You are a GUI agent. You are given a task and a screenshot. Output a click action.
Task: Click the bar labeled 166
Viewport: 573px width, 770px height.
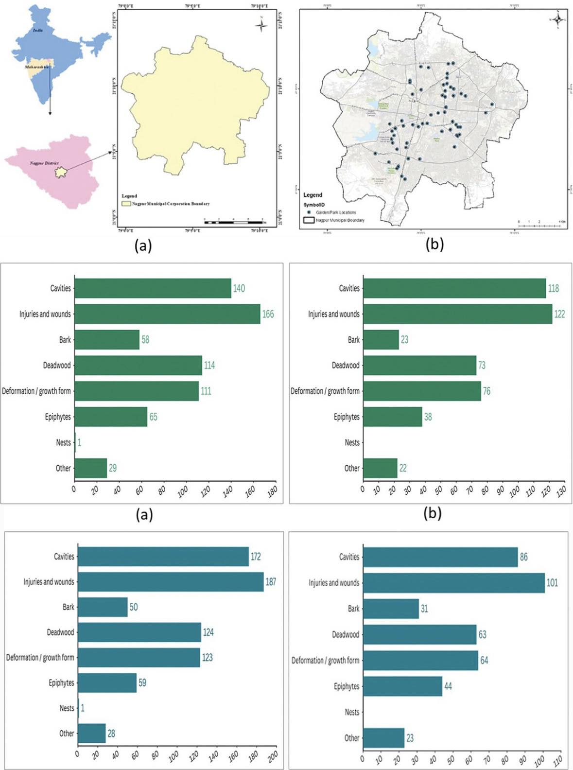pyautogui.click(x=167, y=314)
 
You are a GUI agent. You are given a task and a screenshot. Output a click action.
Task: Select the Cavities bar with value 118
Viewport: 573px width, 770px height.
pyautogui.click(x=454, y=288)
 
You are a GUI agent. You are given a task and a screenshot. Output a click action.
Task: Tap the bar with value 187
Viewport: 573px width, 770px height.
pyautogui.click(x=171, y=582)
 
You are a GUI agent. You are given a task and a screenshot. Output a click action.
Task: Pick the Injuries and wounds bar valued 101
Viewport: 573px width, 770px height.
pyautogui.click(x=454, y=583)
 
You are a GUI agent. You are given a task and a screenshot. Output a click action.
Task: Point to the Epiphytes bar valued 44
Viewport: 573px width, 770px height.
pyautogui.click(x=402, y=686)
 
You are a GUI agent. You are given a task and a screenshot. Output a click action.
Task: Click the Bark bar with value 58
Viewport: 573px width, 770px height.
pyautogui.click(x=107, y=340)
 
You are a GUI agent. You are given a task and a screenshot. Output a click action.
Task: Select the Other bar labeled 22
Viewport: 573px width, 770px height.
pyautogui.click(x=380, y=468)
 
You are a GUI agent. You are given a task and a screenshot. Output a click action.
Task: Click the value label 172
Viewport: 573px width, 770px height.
pyautogui.click(x=256, y=557)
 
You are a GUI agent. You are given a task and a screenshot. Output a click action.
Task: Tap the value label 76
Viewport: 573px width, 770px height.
pyautogui.click(x=486, y=391)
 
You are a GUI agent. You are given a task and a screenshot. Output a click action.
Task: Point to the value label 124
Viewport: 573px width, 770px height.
pyautogui.click(x=208, y=632)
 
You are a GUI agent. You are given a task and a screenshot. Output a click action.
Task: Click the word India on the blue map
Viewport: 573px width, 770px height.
pyautogui.click(x=37, y=30)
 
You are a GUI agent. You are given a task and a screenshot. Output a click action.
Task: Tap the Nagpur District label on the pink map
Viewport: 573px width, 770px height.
pyautogui.click(x=44, y=163)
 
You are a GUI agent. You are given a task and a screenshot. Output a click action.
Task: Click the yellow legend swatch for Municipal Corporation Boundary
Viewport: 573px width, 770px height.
pyautogui.click(x=126, y=204)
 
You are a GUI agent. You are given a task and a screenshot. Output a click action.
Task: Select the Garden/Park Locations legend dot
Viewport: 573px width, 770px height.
pyautogui.click(x=309, y=212)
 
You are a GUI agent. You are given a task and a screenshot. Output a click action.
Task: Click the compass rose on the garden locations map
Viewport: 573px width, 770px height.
pyautogui.click(x=558, y=19)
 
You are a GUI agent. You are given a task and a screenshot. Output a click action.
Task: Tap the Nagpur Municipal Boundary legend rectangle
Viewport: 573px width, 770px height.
pyautogui.click(x=309, y=220)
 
